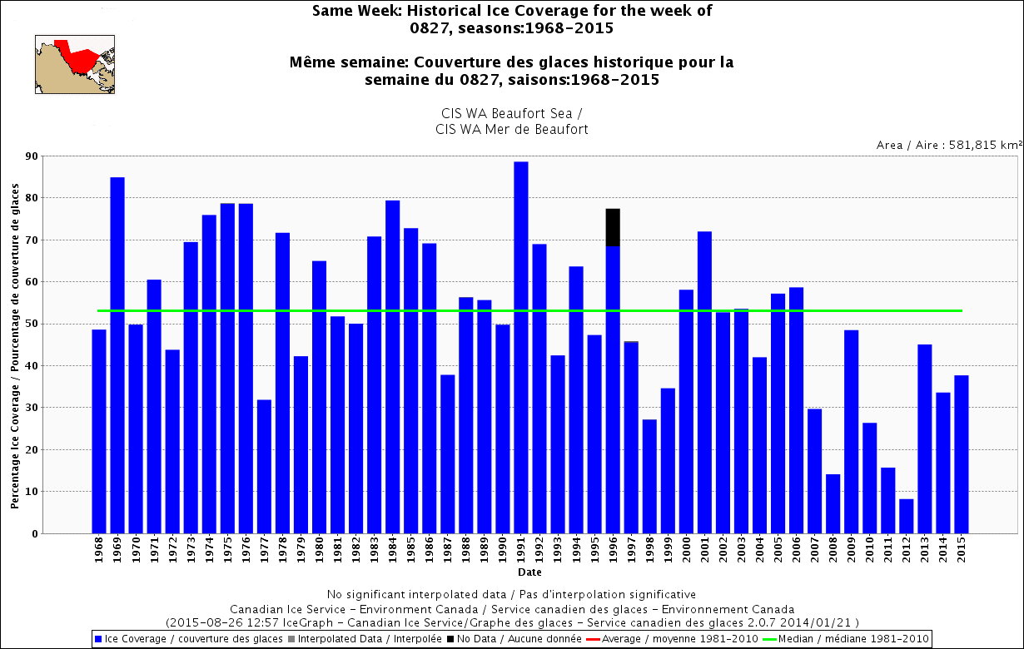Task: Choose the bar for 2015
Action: (962, 454)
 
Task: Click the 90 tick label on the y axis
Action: (31, 156)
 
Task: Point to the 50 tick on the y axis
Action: (31, 324)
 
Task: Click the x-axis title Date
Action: (529, 572)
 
